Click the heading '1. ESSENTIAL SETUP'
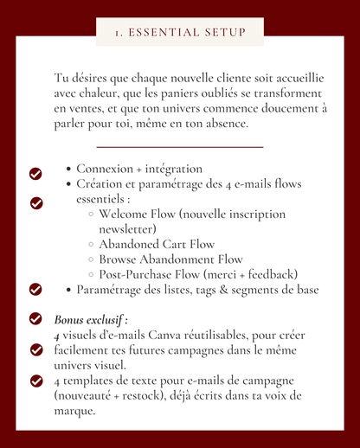(x=180, y=33)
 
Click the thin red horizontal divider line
(x=180, y=147)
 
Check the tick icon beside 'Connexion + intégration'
(x=36, y=174)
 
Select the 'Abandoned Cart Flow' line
(x=157, y=245)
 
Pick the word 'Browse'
(x=119, y=259)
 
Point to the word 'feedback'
(x=270, y=274)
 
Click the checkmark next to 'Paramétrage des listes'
(x=36, y=289)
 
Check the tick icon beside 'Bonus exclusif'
(x=36, y=319)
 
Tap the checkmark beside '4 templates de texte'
(x=36, y=380)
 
